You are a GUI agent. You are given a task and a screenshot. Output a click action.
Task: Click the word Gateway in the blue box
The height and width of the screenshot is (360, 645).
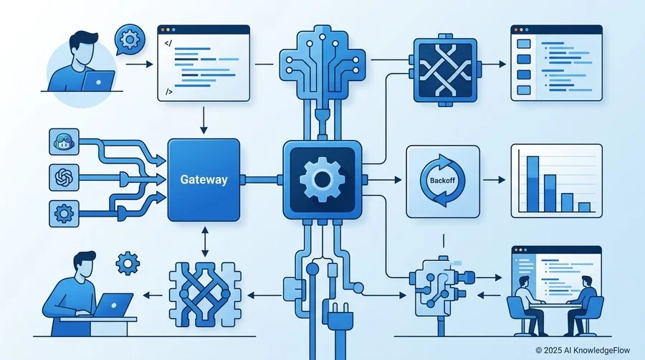coord(204,180)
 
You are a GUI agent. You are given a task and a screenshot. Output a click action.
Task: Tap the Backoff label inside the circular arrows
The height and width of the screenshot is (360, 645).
coord(443,180)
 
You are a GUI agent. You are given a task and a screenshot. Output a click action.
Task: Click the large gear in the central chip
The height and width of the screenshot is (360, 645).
coord(322,179)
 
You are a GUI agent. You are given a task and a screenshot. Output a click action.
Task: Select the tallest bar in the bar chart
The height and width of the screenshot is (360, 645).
coord(532,184)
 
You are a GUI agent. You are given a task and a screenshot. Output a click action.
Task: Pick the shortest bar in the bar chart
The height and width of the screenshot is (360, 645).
coord(584,207)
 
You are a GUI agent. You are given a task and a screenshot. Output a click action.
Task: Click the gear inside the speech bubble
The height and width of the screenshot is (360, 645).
coord(130,39)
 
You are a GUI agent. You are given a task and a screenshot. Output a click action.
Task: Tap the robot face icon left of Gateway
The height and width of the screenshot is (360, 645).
coord(64,142)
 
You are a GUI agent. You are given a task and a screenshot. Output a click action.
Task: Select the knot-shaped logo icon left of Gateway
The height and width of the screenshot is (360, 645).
coord(64,178)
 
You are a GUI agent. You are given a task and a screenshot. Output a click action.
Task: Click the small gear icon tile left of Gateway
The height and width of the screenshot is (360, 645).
coord(64,214)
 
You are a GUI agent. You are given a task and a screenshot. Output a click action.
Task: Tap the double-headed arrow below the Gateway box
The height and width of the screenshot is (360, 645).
coord(204,242)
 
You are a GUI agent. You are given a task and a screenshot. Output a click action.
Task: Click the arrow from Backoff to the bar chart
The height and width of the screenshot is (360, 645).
coord(494,180)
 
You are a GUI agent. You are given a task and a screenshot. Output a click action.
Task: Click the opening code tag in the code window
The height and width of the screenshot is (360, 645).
coord(168,43)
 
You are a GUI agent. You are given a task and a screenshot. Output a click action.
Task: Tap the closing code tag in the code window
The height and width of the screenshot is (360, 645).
coord(168,92)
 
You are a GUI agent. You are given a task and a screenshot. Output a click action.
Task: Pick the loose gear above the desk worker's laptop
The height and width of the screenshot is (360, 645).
coord(128,263)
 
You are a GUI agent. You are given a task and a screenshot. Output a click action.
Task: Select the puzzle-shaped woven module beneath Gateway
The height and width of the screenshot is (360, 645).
coord(204,295)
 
